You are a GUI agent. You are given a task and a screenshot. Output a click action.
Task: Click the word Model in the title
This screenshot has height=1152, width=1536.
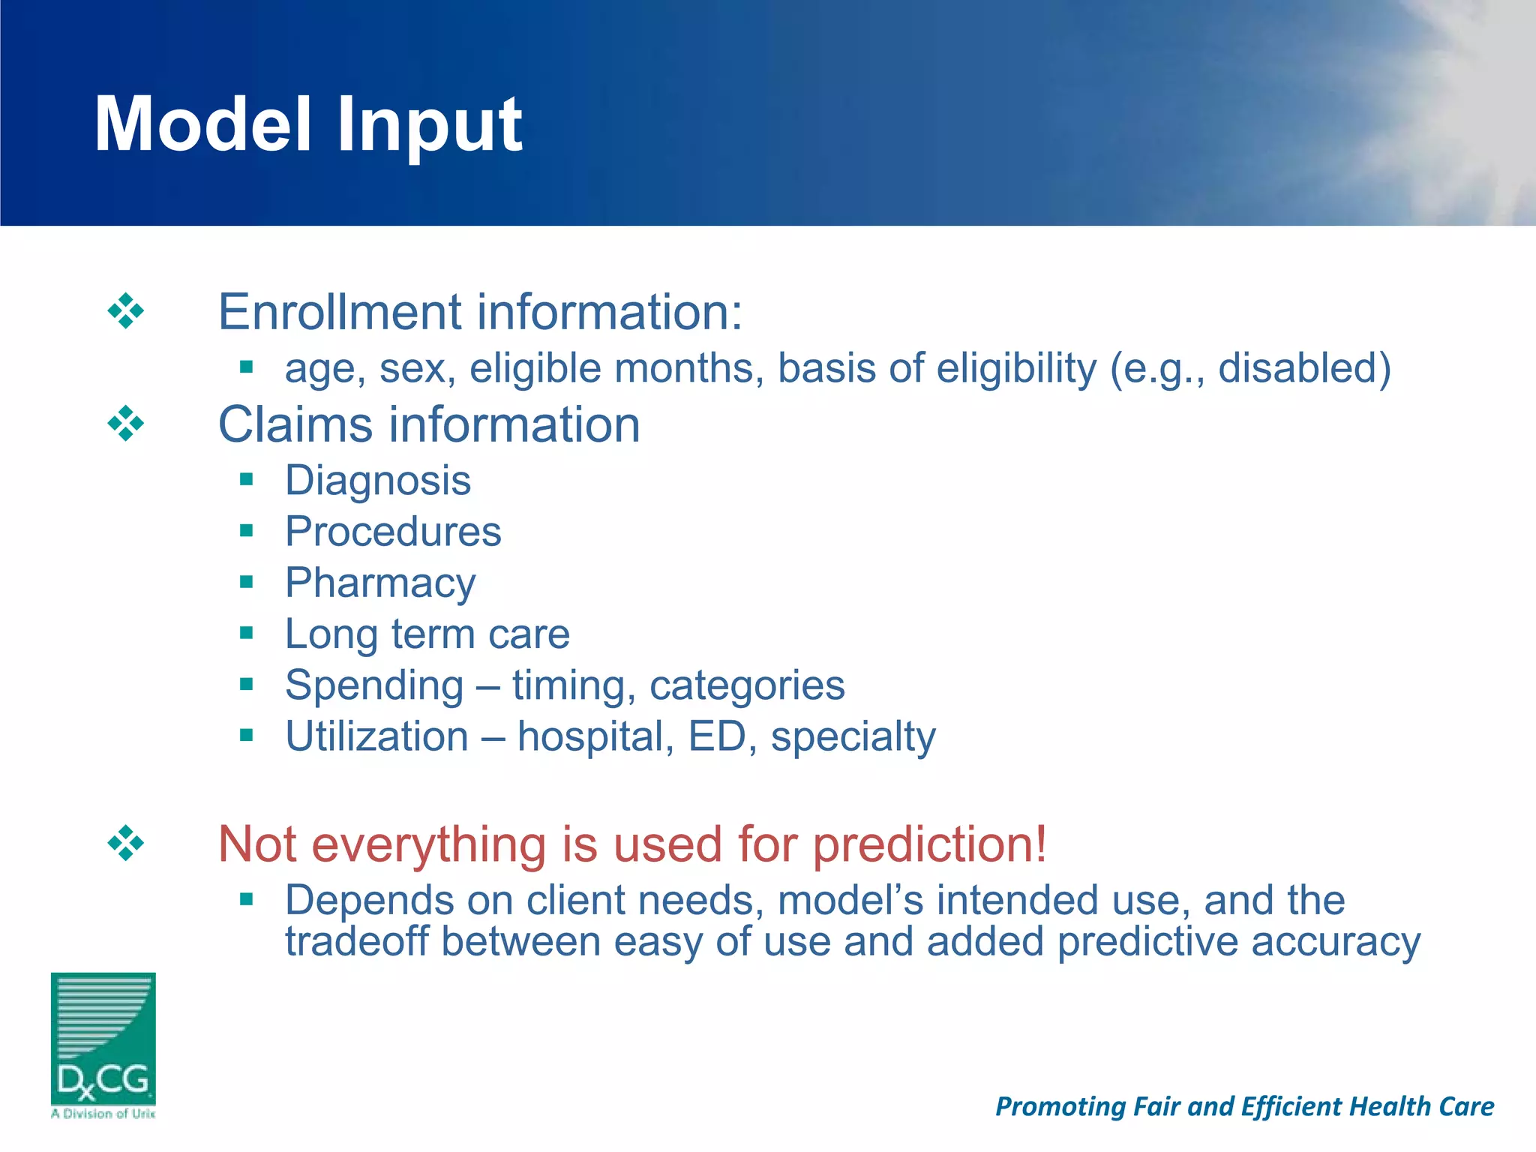tap(202, 125)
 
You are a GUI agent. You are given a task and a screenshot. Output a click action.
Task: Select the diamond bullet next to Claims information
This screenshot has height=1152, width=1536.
tap(125, 424)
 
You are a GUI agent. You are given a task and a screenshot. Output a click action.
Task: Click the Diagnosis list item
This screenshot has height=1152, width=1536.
tap(378, 481)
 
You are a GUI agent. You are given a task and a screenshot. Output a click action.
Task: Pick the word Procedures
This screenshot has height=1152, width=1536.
tap(393, 532)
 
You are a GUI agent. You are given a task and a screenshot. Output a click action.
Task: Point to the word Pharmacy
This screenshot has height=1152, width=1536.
tap(380, 583)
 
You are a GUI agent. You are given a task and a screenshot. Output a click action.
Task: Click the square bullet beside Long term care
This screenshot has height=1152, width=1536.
tap(247, 634)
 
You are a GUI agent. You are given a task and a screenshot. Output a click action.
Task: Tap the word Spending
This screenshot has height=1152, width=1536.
tap(374, 685)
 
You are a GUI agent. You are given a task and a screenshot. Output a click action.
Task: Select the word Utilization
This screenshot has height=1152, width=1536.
tap(376, 736)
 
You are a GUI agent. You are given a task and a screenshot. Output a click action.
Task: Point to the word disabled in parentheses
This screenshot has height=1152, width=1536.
tap(1297, 368)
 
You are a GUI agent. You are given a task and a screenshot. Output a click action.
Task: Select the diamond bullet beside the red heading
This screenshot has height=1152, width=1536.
tap(125, 844)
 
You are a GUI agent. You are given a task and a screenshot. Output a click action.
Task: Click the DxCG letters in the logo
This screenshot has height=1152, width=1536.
tap(103, 1080)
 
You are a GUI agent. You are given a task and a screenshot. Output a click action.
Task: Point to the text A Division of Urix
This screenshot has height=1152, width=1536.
tap(103, 1114)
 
